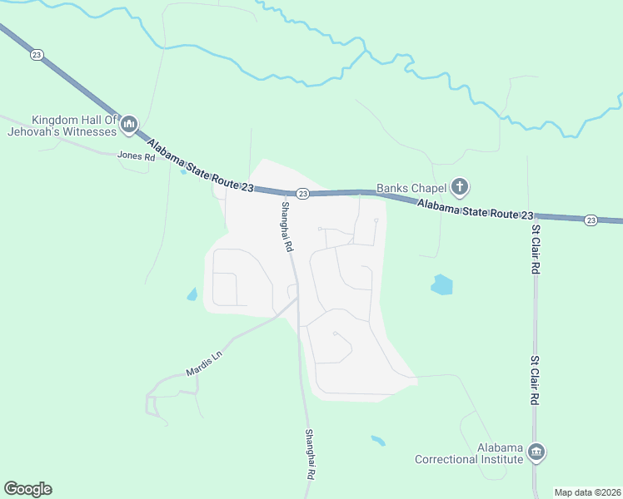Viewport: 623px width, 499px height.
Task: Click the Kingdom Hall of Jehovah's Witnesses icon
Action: pos(128,126)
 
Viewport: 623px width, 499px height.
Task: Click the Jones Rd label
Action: pos(137,156)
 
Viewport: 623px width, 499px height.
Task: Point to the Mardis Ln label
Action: pos(204,363)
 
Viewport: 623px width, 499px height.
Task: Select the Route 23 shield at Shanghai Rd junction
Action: pos(303,194)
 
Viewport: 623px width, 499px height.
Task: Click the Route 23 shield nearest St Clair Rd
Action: pos(591,220)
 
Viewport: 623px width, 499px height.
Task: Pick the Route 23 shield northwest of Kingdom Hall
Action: pos(36,55)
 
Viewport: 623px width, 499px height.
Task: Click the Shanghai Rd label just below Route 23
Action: pos(287,227)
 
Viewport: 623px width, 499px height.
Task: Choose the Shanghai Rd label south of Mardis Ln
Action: pos(310,453)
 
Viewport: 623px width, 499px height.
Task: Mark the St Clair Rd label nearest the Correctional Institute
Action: pos(537,382)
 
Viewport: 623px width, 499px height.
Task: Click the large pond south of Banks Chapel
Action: pos(441,285)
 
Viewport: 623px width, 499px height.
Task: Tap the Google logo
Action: pos(27,489)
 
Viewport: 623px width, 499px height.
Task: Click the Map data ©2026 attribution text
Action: pos(587,492)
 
